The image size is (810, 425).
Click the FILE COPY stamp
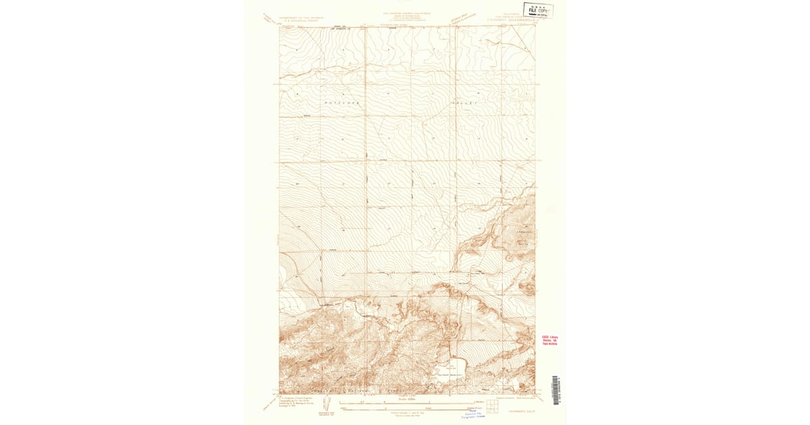click(x=540, y=10)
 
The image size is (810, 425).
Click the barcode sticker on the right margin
click(x=556, y=390)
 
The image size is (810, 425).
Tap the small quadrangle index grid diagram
click(x=492, y=405)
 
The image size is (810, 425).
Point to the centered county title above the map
click(x=407, y=13)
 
